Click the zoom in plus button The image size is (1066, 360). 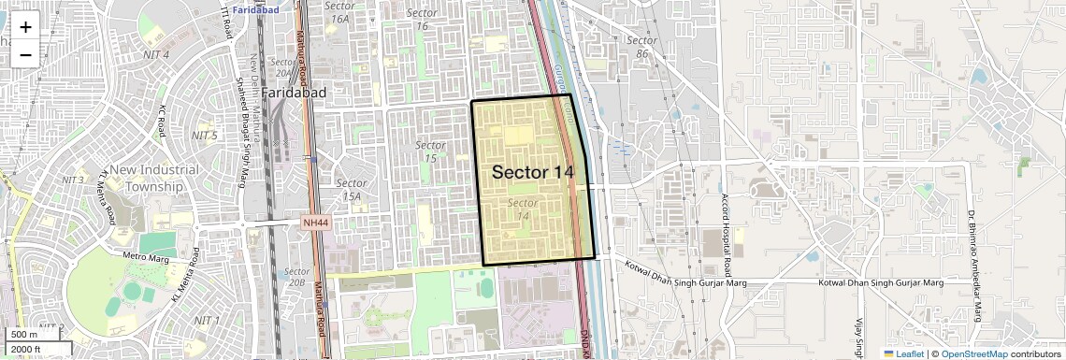25,27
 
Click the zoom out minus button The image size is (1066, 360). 25,54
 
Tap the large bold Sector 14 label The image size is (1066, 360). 532,172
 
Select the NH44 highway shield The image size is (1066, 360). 315,223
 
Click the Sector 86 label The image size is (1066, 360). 641,47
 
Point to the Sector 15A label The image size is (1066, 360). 351,190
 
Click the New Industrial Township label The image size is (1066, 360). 154,177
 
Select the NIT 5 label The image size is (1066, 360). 204,136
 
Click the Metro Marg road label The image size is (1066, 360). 144,255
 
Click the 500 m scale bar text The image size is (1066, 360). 24,335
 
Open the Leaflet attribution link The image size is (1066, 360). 903,353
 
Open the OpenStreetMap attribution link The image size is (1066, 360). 974,353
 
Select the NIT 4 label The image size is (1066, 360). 154,54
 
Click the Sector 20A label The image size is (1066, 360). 281,67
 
